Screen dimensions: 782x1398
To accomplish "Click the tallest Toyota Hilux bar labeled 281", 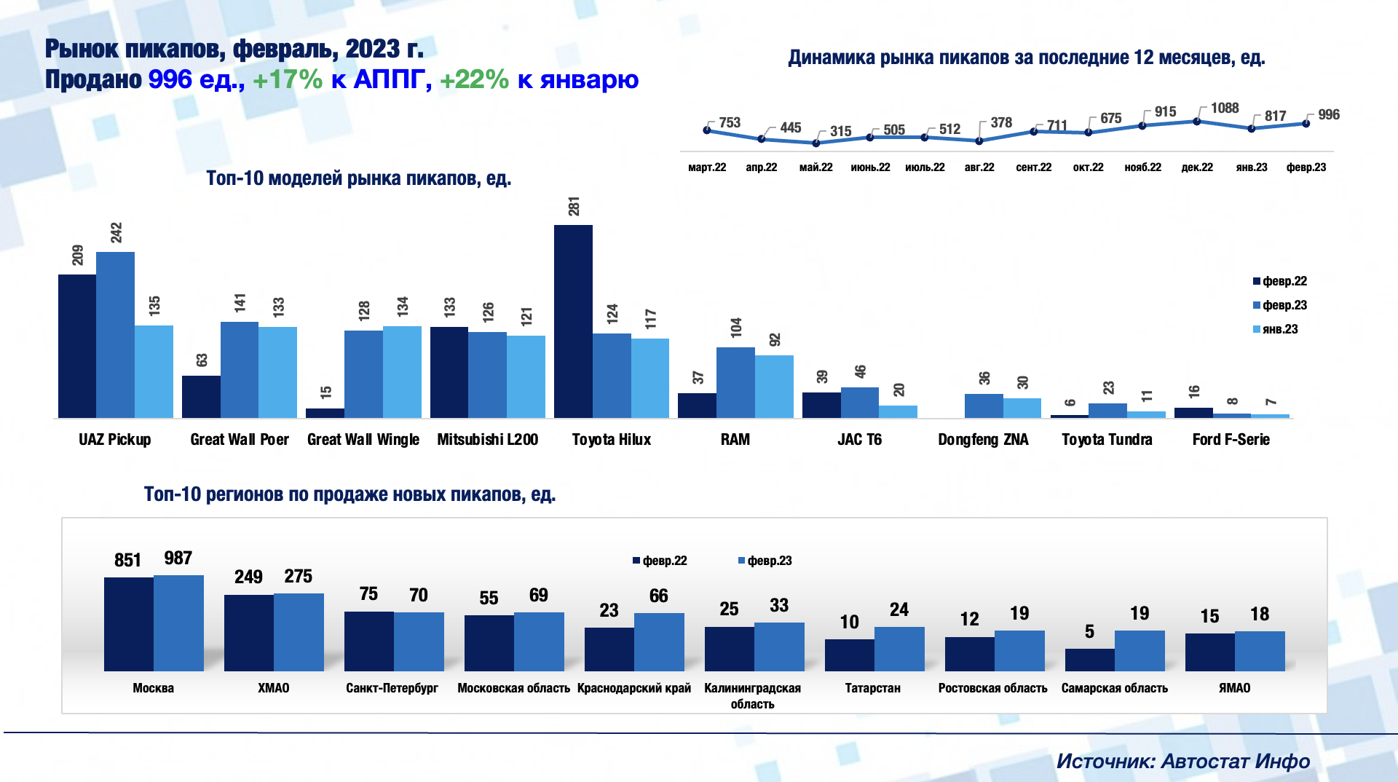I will [573, 321].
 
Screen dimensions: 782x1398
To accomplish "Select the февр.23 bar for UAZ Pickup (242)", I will [115, 335].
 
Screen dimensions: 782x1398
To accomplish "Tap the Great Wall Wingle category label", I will [363, 440].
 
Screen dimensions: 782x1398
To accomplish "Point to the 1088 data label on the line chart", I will [1225, 108].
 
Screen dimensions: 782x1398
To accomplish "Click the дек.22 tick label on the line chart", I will [1197, 167].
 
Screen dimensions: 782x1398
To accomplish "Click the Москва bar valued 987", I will [178, 623].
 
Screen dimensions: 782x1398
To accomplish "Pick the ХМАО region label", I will [274, 688].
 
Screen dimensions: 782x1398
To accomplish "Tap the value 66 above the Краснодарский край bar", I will [658, 596].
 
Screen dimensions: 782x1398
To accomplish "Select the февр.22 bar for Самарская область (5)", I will [1089, 660].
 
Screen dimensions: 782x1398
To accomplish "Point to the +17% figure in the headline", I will [287, 79].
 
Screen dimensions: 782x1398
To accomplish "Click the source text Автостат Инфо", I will [1235, 762].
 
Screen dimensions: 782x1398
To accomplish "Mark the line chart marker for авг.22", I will [979, 141].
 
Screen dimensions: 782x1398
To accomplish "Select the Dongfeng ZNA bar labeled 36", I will [984, 406].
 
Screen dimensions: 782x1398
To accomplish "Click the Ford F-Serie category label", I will [1231, 440].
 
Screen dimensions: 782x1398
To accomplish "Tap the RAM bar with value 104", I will [735, 382].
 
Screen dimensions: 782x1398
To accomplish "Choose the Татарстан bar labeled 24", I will [899, 649].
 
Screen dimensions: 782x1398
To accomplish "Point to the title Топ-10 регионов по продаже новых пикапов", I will [349, 494].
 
